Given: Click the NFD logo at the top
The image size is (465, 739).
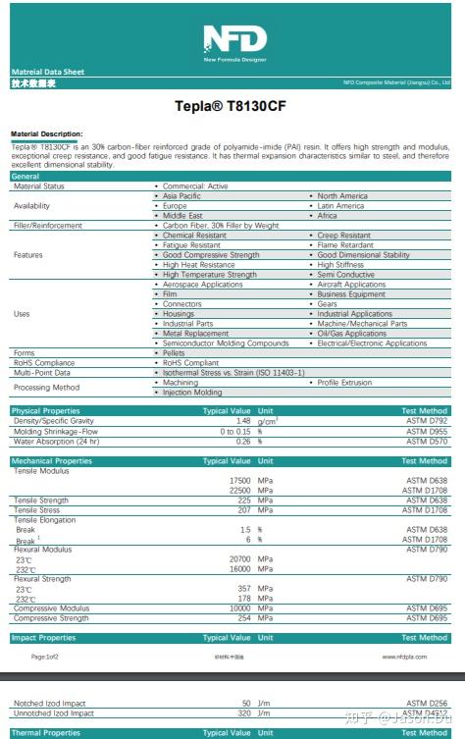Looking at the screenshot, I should coord(232,40).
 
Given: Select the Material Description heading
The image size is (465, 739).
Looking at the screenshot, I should coord(46,133).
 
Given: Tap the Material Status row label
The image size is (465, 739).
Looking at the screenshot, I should coord(39,185).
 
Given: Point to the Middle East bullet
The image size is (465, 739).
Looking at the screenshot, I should coord(182,215).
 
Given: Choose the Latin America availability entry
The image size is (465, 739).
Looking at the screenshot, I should coord(340,206).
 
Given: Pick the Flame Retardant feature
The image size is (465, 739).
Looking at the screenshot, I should coord(346,245).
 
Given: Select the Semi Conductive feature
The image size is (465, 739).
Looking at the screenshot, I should coord(343,275).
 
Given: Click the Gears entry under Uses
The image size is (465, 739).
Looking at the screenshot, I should coord(327,304).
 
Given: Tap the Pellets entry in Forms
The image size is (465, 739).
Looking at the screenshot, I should coord(174,353).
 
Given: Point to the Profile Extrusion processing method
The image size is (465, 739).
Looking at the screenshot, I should coord(346,383).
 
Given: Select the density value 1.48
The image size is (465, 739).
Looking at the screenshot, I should coord(243,421).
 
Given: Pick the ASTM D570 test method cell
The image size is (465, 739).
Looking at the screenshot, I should coord(428,442).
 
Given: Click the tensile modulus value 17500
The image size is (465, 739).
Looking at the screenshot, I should coord(239,481).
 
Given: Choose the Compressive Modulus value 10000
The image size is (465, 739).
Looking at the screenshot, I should coord(239,608).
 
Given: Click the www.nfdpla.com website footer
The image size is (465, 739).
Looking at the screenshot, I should coord(403,656).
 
